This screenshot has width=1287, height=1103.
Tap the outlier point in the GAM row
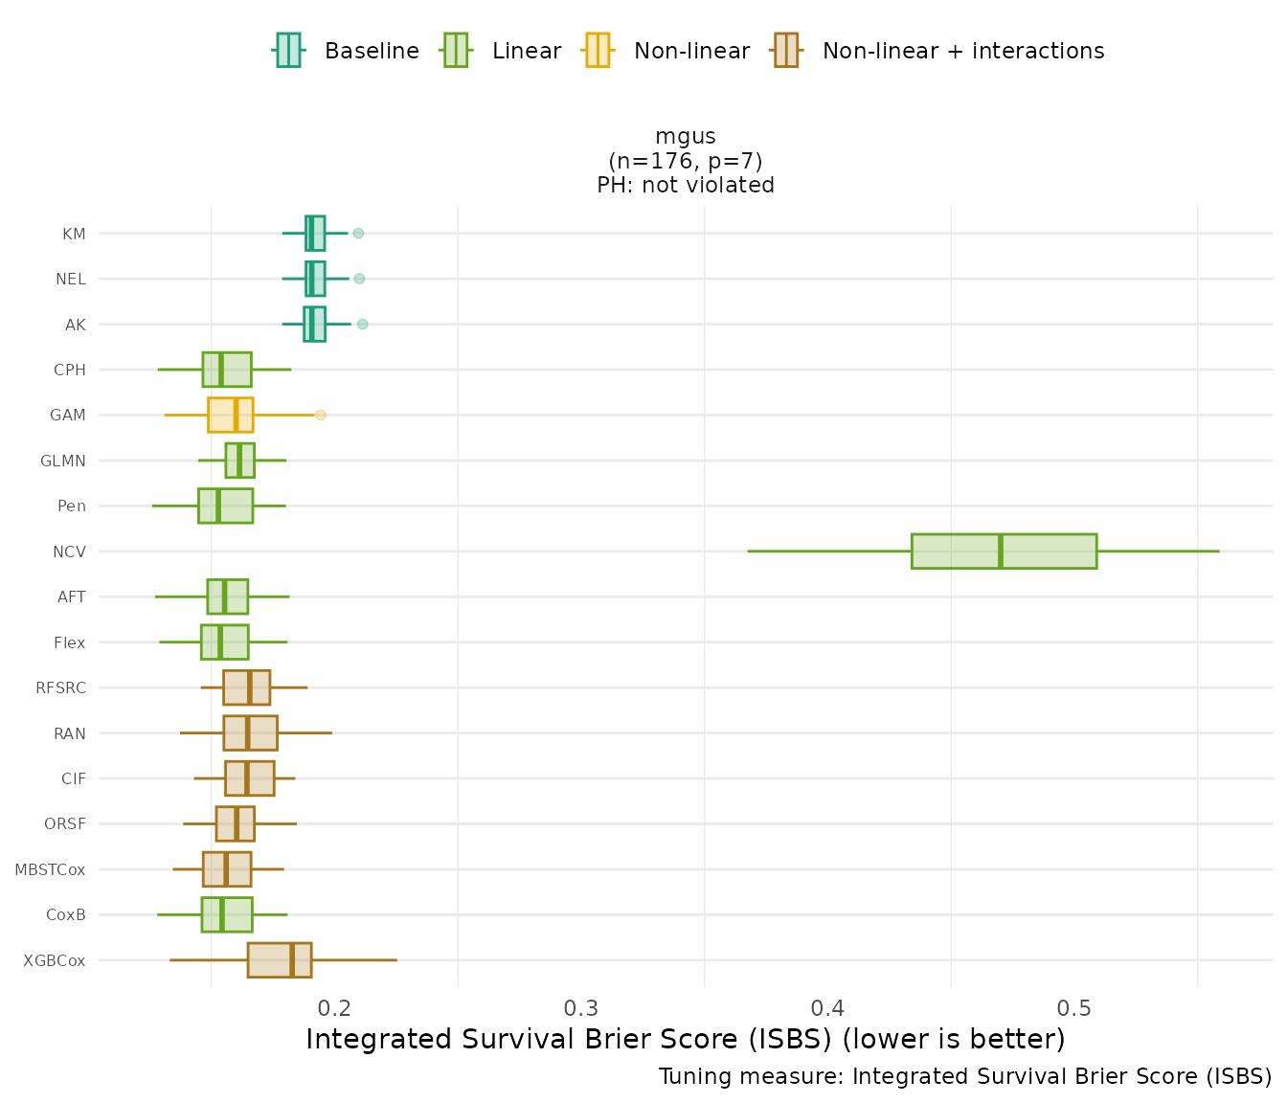[x=321, y=415]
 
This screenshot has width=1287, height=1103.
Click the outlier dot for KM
[x=358, y=234]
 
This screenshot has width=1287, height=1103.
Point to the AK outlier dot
[x=362, y=325]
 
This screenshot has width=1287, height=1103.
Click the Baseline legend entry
[x=372, y=51]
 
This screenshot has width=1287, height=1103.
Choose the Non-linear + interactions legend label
[x=962, y=51]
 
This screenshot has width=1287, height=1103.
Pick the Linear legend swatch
[x=455, y=50]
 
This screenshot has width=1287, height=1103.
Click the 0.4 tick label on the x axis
[x=827, y=1008]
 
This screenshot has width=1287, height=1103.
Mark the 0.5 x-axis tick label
[x=1073, y=1008]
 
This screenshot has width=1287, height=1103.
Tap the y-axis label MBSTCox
[x=50, y=869]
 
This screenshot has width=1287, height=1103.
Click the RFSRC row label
[x=60, y=687]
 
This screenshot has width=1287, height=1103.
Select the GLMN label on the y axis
[x=63, y=461]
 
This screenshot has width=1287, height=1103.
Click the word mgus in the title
[x=686, y=136]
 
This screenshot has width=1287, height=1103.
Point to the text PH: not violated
[x=686, y=185]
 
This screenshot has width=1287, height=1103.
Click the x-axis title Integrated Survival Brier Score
[x=686, y=1039]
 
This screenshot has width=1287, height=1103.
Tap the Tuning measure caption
[x=965, y=1076]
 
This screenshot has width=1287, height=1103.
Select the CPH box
[x=227, y=370]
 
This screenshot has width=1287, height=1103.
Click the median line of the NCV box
[x=1001, y=551]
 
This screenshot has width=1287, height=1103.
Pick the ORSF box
[x=236, y=824]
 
